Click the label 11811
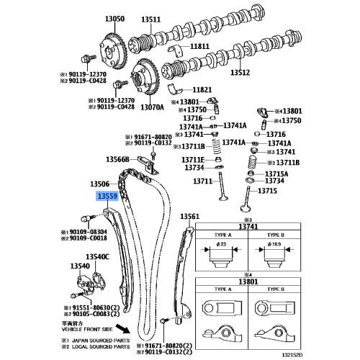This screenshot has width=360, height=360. (x=200, y=47)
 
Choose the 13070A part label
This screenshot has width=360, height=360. (x=153, y=107)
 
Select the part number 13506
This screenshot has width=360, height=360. (x=100, y=184)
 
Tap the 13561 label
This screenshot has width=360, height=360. (x=189, y=216)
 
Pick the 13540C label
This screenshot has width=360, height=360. (x=97, y=256)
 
